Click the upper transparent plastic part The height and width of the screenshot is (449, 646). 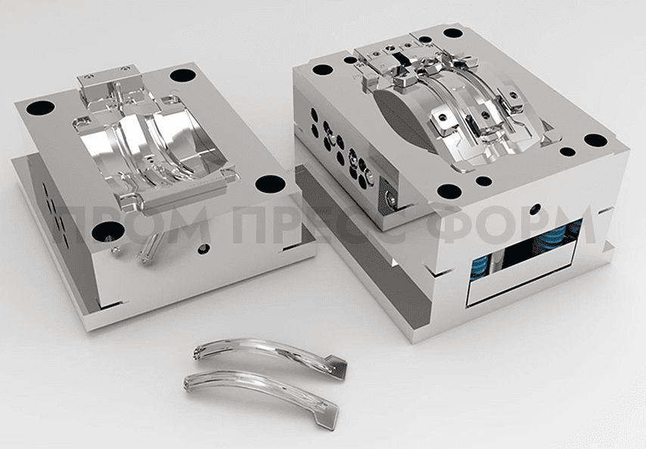click(x=270, y=356)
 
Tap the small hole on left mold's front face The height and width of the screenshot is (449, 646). click(x=203, y=249)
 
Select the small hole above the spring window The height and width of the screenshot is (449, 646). click(x=536, y=208)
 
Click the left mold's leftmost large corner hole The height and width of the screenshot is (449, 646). click(x=40, y=108)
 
